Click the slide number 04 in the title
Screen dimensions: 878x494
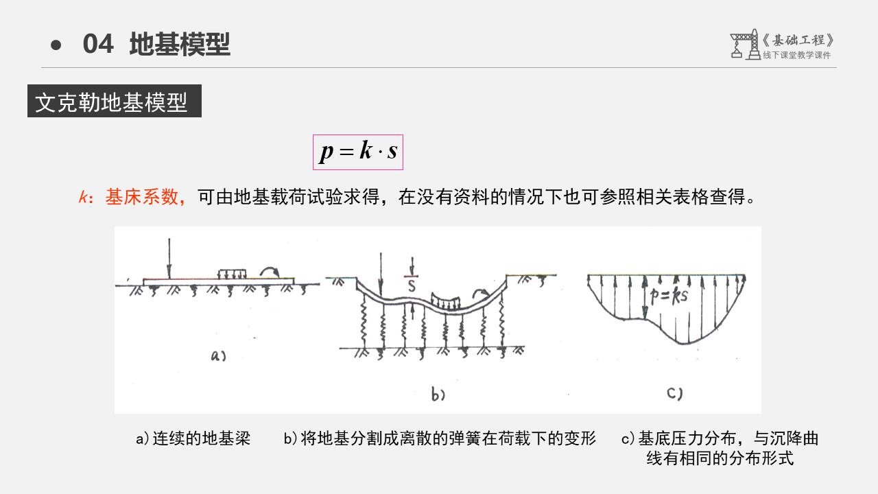point(98,45)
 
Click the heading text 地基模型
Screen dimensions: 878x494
point(180,45)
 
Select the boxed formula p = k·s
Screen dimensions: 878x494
point(358,152)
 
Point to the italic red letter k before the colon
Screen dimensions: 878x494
point(84,198)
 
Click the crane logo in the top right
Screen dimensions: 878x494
point(744,45)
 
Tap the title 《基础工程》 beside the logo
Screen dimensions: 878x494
point(798,40)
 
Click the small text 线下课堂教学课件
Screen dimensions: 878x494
point(796,56)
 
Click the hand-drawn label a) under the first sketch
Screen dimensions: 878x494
point(218,355)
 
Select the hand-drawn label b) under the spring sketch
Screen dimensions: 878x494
point(438,395)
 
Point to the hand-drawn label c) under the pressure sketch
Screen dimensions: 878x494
point(674,393)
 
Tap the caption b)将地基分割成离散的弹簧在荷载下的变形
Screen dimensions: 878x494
point(440,438)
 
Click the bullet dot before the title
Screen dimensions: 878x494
point(56,45)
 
